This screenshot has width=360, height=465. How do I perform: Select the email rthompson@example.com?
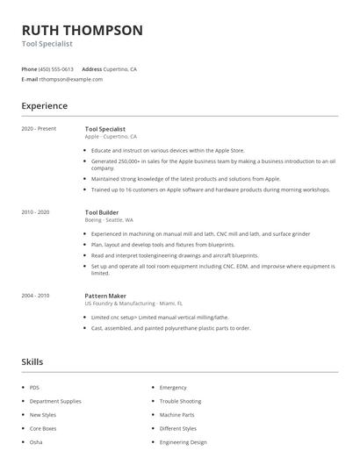(71, 79)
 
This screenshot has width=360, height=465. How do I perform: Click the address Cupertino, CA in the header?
(120, 68)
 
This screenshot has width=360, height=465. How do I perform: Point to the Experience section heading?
(44, 106)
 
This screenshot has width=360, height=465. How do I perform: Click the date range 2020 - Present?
(39, 128)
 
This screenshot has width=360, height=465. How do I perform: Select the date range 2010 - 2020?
(36, 211)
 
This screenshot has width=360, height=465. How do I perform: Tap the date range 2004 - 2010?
(36, 296)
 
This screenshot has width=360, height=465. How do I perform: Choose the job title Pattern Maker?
(107, 296)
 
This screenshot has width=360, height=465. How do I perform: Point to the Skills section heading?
(32, 361)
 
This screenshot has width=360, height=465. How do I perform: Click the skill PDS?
(35, 387)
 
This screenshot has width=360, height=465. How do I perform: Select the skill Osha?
(36, 442)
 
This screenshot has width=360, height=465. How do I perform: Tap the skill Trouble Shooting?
(180, 401)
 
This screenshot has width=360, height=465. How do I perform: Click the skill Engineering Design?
(184, 442)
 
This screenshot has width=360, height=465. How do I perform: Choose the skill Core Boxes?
(42, 428)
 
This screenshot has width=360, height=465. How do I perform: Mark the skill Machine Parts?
(176, 414)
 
